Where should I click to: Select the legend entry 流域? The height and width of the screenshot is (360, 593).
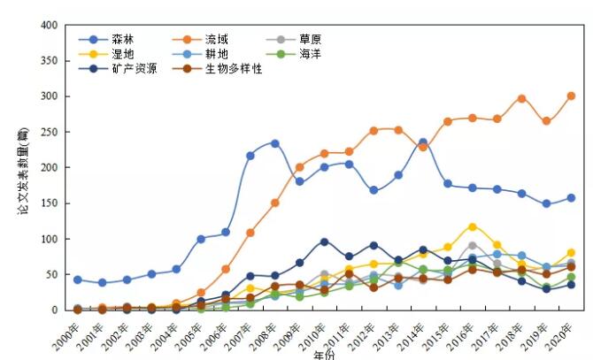pyautogui.click(x=216, y=40)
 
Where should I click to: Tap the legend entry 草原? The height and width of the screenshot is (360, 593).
pyautogui.click(x=310, y=40)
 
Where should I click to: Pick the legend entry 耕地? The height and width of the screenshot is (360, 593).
pyautogui.click(x=216, y=54)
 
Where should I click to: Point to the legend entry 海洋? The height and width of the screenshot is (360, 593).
pyautogui.click(x=310, y=54)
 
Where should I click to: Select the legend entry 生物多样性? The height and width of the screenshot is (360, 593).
pyautogui.click(x=234, y=68)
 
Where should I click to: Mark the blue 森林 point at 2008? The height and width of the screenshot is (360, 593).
pyautogui.click(x=275, y=143)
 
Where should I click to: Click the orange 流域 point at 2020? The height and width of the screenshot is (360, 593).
pyautogui.click(x=571, y=96)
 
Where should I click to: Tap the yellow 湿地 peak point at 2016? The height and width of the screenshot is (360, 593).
pyautogui.click(x=473, y=227)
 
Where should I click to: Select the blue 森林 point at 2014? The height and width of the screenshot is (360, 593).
pyautogui.click(x=423, y=142)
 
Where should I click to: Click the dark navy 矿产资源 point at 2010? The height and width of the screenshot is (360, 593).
pyautogui.click(x=325, y=241)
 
